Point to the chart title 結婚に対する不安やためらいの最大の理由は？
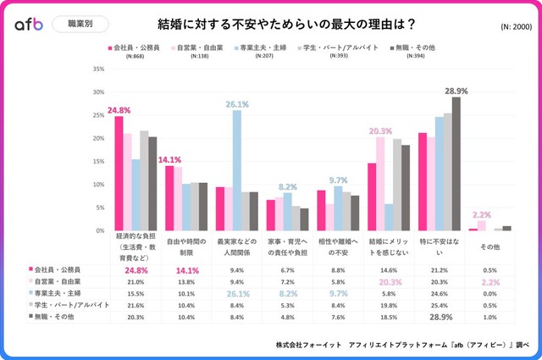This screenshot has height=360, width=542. [x=270, y=24]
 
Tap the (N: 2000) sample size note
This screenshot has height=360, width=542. [x=506, y=26]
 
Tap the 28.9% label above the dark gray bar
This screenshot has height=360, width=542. [x=456, y=90]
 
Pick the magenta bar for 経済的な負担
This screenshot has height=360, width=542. [x=119, y=173]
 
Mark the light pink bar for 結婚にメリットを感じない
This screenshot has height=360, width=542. [x=381, y=183]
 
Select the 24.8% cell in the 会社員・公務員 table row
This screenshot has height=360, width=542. [x=135, y=271]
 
